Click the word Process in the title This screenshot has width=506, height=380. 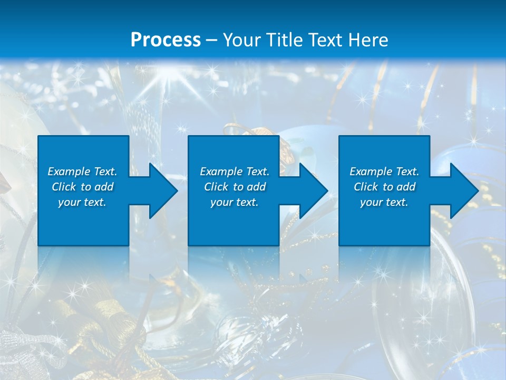(x=166, y=40)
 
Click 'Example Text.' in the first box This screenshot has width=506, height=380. (x=82, y=172)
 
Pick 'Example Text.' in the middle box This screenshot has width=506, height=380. (x=235, y=172)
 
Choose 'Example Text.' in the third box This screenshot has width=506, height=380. (x=384, y=172)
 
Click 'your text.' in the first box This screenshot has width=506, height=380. (x=82, y=202)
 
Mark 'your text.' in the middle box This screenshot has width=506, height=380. (x=235, y=202)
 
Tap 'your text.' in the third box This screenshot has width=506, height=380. (x=384, y=202)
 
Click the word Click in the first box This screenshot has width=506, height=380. (x=64, y=187)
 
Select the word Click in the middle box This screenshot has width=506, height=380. (x=216, y=187)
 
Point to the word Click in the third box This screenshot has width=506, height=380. (x=366, y=187)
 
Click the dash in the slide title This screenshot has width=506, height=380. (x=212, y=40)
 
